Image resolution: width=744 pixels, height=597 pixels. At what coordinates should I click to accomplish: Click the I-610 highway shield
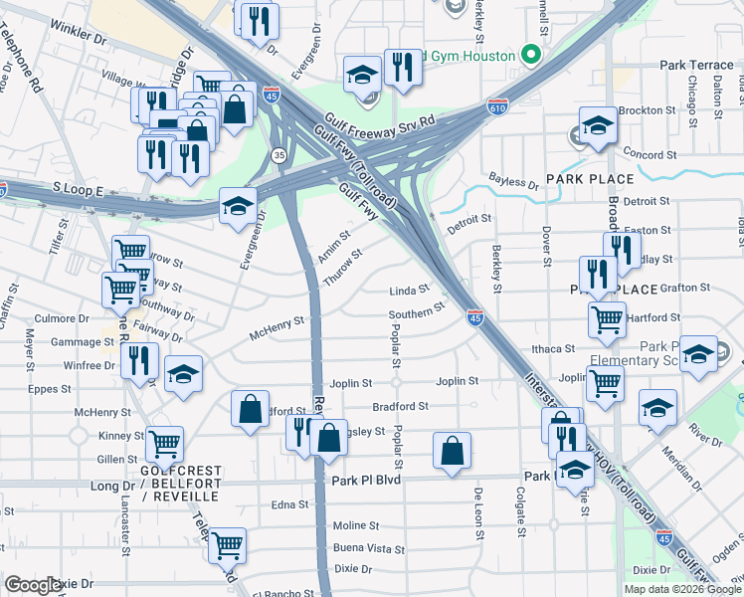pos(498,104)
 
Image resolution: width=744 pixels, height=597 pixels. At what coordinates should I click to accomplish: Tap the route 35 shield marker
pos(279,155)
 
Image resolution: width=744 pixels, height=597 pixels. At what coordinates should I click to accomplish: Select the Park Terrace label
pos(696,65)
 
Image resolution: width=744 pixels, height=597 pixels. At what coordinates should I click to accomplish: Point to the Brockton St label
pos(648,110)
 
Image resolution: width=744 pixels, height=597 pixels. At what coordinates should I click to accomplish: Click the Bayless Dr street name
pos(513,179)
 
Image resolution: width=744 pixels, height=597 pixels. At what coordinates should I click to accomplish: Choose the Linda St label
pos(409,291)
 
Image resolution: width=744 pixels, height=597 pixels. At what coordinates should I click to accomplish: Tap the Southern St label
pos(416,314)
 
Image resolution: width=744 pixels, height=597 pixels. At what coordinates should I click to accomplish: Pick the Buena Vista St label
pos(369,548)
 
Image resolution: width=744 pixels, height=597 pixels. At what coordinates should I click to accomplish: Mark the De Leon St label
pos(478,514)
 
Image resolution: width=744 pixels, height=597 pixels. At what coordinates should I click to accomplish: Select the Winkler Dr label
pos(78,33)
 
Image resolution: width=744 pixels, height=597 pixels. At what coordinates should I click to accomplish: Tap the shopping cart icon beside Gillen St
pos(164,443)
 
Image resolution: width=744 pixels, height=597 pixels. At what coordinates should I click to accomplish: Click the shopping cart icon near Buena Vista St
pos(228,543)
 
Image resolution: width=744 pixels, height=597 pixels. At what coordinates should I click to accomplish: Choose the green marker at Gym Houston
pos(531,55)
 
